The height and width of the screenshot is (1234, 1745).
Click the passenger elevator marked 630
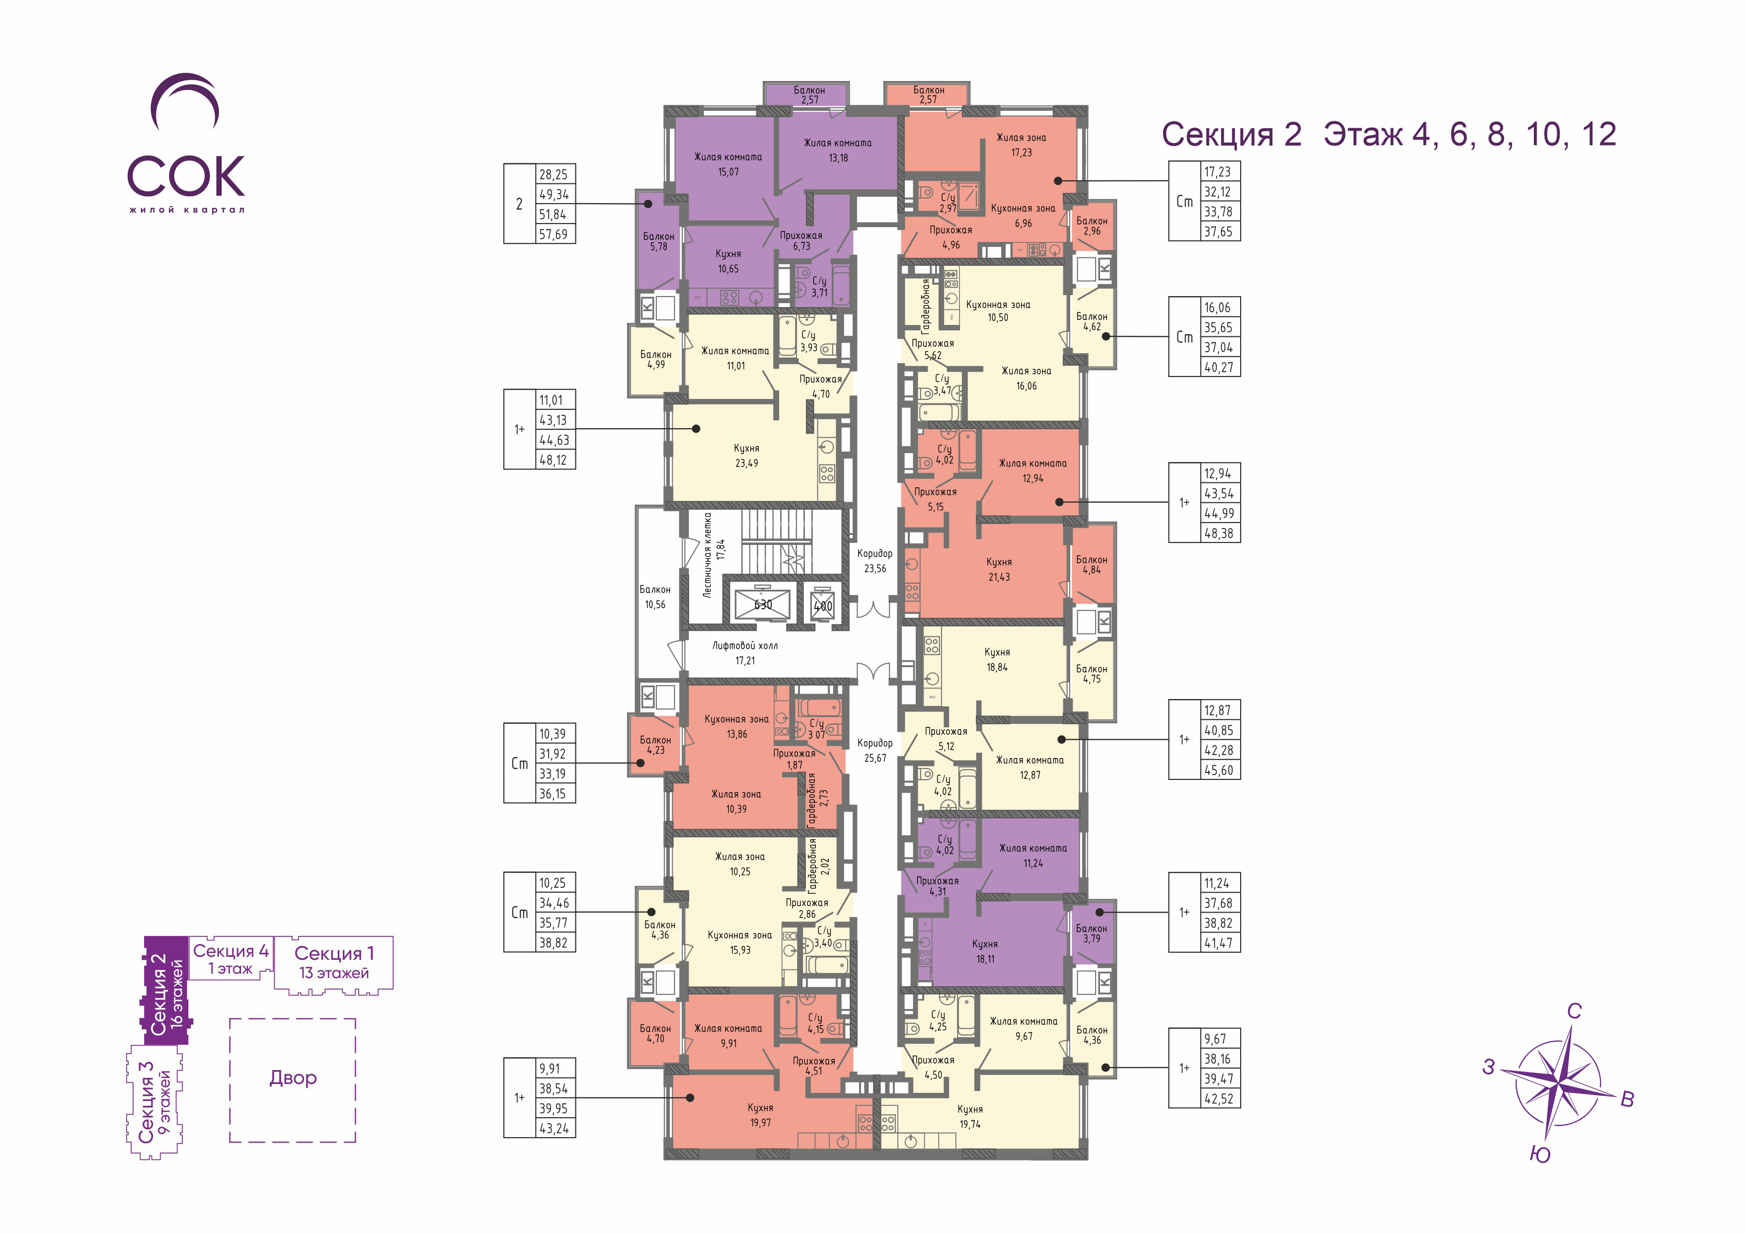[x=762, y=604]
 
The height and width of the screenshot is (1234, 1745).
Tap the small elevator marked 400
[x=822, y=605]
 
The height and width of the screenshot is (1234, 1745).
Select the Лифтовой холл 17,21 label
[x=745, y=653]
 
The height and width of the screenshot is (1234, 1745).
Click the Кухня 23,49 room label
[x=746, y=455]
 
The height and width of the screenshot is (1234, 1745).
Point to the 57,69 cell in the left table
[x=554, y=234]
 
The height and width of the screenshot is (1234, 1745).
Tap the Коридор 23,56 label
[x=875, y=561]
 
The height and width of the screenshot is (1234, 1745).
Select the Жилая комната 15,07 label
[x=728, y=164]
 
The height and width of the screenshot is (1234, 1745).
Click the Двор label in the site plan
[x=293, y=1078]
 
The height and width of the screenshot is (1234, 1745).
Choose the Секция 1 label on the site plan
[x=334, y=953]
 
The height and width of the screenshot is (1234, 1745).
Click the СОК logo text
[x=186, y=176]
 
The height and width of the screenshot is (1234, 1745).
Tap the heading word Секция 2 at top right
[x=1231, y=135]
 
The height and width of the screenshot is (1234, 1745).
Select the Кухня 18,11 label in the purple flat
[x=985, y=951]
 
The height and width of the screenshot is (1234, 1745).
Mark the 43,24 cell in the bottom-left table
[x=554, y=1128]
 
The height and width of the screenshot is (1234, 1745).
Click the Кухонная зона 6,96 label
[x=1023, y=216]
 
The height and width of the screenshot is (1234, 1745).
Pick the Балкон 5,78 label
[x=658, y=241]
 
